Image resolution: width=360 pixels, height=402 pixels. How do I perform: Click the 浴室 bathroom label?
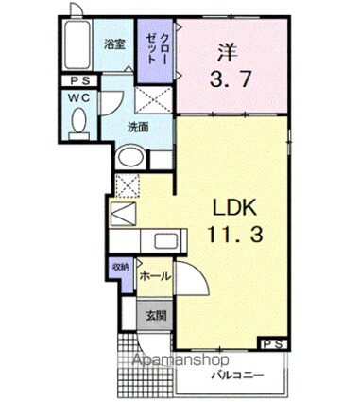pos(114,44)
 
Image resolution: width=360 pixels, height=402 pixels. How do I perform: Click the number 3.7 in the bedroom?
pos(229,80)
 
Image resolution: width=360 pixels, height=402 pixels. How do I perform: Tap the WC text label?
pos(77,98)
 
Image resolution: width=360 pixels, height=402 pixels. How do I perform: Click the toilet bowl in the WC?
pos(78,123)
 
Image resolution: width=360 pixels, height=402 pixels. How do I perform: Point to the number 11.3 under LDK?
pos(229,234)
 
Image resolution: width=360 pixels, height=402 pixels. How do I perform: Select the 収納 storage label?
pos(121,268)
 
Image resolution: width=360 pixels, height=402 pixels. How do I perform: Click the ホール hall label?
pos(154,276)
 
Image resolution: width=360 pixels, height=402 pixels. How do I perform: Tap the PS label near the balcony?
pos(275,343)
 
